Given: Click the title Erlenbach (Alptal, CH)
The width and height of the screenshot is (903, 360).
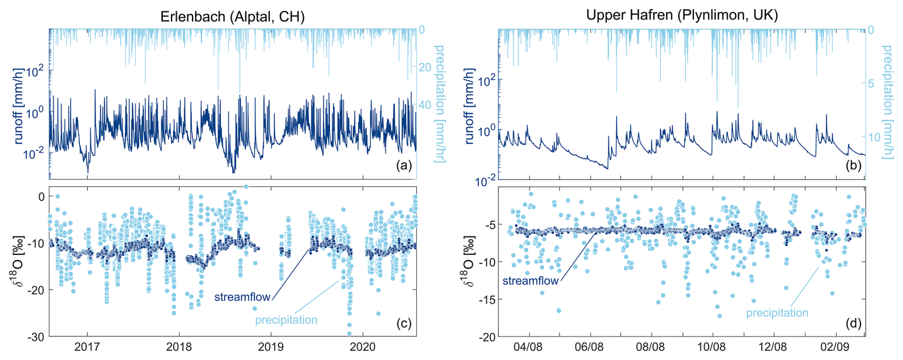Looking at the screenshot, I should (x=232, y=17).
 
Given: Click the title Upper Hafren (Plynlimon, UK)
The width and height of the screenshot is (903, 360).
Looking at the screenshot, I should (x=682, y=15).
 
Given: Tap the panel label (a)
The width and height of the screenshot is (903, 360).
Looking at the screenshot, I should (x=404, y=166).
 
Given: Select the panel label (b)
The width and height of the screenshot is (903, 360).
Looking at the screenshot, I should (x=853, y=166).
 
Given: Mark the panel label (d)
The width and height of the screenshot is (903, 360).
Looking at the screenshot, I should (x=853, y=323).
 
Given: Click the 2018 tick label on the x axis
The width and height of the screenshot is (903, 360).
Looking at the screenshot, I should (x=179, y=347).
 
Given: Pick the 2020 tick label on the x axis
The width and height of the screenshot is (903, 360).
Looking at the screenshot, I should (x=363, y=347).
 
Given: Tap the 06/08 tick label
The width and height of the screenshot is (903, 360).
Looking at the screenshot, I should (x=589, y=347).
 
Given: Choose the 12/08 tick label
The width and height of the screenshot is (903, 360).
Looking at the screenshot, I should (x=773, y=347).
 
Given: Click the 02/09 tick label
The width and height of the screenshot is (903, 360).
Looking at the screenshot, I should (x=834, y=347).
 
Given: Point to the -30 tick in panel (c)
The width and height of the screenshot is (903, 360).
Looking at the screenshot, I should (x=35, y=337).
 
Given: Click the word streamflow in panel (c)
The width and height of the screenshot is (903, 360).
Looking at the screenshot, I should (x=242, y=297).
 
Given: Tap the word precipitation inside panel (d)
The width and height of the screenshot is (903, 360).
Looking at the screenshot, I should (x=777, y=313).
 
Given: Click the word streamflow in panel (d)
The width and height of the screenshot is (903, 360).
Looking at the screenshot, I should (x=530, y=281).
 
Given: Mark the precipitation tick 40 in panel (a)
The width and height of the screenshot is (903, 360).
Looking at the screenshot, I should (x=425, y=105).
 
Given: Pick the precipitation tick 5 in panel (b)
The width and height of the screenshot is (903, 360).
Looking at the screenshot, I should (x=871, y=84).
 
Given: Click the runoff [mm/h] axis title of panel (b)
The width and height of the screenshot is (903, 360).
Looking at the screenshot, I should (x=470, y=106).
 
